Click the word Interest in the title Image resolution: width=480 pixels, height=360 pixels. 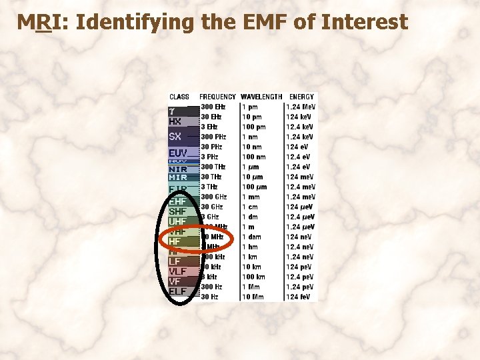tap(364, 23)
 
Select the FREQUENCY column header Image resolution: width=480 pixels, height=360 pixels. tap(217, 97)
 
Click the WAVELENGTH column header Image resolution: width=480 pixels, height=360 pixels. tap(261, 97)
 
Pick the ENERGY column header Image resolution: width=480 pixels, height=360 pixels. tap(301, 97)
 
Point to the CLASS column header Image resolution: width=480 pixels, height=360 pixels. tap(179, 97)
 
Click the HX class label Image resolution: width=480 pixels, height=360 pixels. tap(175, 122)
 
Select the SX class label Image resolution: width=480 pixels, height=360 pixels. tap(175, 137)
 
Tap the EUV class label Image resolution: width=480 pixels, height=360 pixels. tap(178, 153)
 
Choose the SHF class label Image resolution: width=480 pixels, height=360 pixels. tap(178, 212)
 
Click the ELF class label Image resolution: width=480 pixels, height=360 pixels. tap(177, 291)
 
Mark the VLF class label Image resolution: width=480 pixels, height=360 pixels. tap(178, 271)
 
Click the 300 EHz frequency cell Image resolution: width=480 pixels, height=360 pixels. tap(213, 107)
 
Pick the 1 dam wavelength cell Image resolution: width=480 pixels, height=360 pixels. tap(252, 237)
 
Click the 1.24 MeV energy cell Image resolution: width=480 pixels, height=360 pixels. tap(301, 107)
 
